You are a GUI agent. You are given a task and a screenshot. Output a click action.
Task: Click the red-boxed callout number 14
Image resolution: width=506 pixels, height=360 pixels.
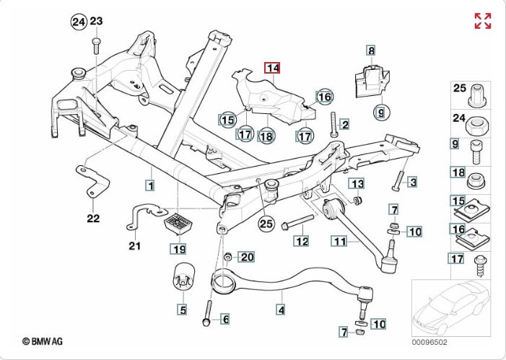click(x=273, y=69)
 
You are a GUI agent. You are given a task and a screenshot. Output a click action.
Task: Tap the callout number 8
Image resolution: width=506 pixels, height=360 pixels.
click(x=371, y=51)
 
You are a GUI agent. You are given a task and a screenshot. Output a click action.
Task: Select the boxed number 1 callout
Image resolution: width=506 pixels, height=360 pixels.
click(x=149, y=186)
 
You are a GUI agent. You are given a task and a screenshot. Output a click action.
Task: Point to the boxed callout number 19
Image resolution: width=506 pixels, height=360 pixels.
click(x=178, y=250)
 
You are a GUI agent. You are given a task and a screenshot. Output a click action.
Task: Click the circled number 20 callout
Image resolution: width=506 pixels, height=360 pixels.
click(x=245, y=257)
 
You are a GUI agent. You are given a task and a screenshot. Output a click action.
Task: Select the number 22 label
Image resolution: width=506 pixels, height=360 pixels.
click(x=93, y=217)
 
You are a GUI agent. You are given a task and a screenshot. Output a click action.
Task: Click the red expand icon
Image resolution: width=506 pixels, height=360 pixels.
click(x=482, y=21)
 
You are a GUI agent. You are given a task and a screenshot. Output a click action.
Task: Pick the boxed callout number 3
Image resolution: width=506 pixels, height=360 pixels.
click(x=413, y=181)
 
